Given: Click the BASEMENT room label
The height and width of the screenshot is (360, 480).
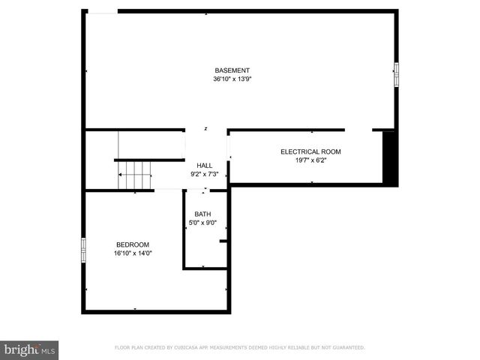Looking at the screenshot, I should point(232,70).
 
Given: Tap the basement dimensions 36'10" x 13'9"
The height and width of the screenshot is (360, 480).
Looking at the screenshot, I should point(232,79).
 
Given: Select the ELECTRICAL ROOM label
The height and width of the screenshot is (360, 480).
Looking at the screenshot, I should point(310,151).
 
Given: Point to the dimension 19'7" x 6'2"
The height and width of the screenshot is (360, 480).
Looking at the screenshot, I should point(310,160).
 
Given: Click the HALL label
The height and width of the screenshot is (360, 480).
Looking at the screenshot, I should point(205,166).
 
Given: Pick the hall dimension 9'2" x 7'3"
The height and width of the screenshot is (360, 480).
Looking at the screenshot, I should point(205,174).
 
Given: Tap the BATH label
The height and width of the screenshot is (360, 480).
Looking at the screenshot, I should point(202,214).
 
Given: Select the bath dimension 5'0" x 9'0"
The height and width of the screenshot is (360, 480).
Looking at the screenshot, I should point(202,223).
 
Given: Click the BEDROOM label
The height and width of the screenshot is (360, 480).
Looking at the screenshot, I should point(132,245).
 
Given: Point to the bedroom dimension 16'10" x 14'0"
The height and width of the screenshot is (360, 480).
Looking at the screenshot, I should point(132,253).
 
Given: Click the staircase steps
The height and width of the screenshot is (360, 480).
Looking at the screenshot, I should point(134,175).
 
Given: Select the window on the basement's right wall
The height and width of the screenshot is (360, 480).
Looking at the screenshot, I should point(397,71).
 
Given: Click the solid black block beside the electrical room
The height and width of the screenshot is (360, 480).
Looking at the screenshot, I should point(390,157).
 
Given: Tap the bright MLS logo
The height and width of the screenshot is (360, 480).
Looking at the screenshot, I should point(30,349).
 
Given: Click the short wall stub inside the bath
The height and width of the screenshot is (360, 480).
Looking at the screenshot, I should point(223,241).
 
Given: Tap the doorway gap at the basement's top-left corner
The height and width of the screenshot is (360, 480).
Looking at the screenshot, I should point(103,11).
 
